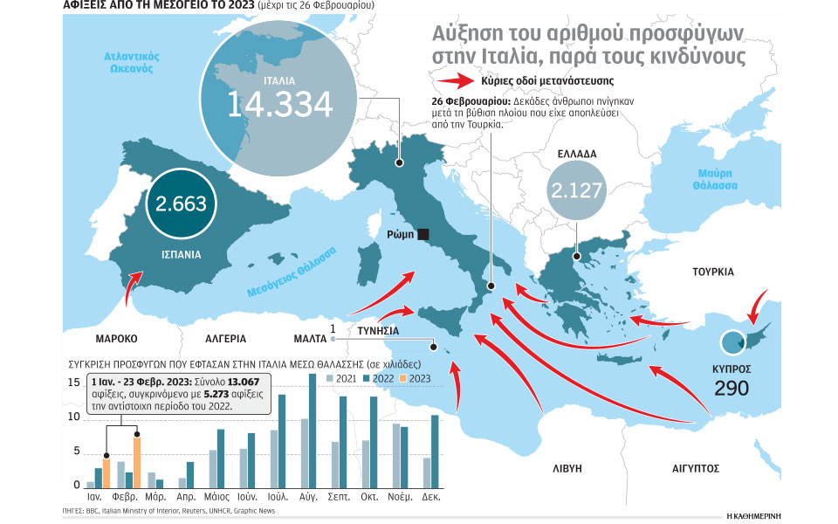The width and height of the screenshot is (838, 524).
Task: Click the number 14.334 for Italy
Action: point(279,104)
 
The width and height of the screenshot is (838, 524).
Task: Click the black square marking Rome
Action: point(423,234)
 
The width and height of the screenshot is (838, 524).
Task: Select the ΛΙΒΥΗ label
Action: point(567,469)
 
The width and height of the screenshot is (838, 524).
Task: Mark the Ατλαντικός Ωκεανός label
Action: point(131,63)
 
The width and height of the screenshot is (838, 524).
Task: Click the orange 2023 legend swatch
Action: point(403,378)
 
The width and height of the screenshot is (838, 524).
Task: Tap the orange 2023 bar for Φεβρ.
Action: point(136,461)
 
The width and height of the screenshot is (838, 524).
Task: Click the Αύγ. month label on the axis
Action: point(308,493)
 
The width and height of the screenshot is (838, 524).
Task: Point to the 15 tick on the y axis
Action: point(75,383)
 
